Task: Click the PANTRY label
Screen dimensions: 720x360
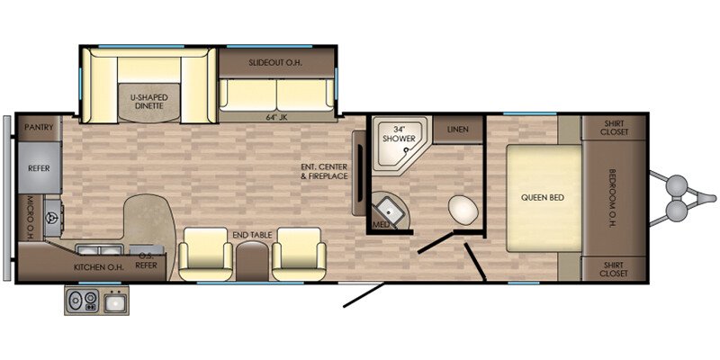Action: pos(39,127)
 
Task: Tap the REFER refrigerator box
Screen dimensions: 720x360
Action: pos(40,167)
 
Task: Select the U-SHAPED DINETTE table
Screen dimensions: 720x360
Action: pos(148,103)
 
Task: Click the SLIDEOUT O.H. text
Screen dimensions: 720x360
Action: pos(275,62)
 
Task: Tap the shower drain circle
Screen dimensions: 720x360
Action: pos(406,149)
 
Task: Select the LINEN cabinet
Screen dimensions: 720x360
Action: pos(458,129)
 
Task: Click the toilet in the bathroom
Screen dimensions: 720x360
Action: pos(463,210)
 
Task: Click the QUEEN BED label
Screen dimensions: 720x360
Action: pos(543,198)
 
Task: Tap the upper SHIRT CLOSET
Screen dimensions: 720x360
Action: pos(614,128)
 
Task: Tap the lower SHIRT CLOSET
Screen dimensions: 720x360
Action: pos(614,268)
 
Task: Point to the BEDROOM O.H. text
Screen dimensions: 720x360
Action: pos(612,198)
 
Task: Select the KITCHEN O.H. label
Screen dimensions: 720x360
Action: pos(99,267)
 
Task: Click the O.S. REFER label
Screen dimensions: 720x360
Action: pos(147,261)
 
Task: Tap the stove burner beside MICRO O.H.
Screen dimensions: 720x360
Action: pos(52,217)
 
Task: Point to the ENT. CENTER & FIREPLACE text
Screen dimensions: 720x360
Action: pos(324,171)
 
